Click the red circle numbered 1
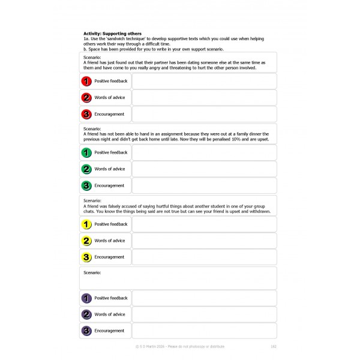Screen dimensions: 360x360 click(86, 81)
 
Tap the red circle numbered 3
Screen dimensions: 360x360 click(86, 114)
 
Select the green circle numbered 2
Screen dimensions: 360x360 click(86, 169)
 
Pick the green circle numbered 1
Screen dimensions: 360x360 click(86, 152)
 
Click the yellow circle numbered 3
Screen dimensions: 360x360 click(86, 257)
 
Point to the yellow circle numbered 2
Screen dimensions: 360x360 click(86, 241)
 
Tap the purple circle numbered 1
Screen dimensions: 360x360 click(86, 298)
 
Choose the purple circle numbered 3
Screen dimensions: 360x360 click(86, 331)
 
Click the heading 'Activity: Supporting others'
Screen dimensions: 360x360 click(112, 34)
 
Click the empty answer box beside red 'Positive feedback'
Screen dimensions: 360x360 click(204, 81)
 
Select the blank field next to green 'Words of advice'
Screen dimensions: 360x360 click(204, 169)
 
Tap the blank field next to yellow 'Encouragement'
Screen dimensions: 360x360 click(204, 257)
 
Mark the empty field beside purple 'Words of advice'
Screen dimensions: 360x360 click(204, 314)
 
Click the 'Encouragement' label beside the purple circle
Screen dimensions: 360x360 click(109, 331)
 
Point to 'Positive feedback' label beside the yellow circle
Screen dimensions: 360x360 click(111, 224)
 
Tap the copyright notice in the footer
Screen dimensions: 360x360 click(180, 347)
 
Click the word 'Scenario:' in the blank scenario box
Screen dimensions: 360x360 click(92, 273)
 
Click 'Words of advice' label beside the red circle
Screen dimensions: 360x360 click(110, 97)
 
